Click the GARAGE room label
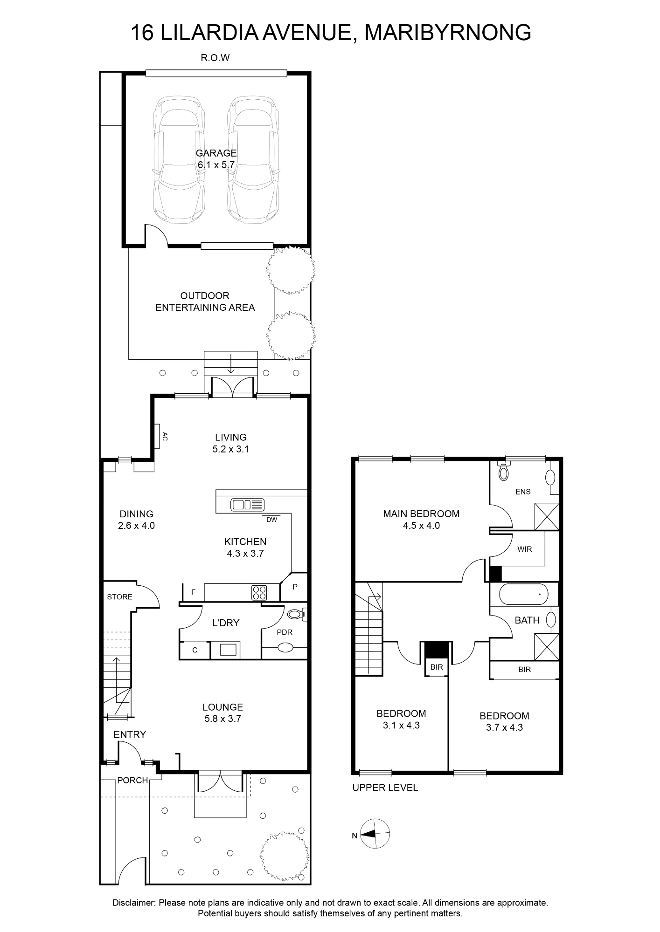(216, 153)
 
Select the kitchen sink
(248, 504)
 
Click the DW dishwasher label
(272, 520)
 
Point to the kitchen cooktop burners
(260, 593)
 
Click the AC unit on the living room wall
(157, 436)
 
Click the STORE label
(120, 597)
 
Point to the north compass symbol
(375, 834)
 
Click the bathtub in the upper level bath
(523, 594)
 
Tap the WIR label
(525, 549)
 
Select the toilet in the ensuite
(503, 472)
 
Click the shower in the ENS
(547, 516)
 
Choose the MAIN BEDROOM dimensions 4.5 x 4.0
(421, 526)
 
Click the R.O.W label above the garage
(215, 58)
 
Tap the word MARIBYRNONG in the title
(448, 33)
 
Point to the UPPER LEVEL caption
(385, 788)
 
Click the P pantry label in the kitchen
(295, 587)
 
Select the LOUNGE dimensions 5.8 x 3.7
(223, 719)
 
